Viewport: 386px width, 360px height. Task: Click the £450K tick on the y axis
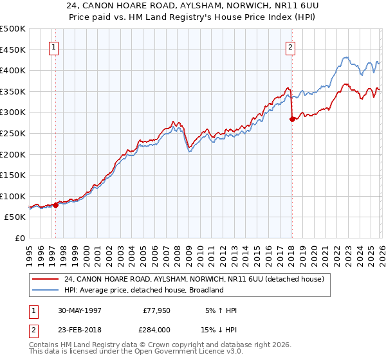pyautogui.click(x=13, y=50)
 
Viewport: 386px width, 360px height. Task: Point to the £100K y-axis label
pyautogui.click(x=13, y=196)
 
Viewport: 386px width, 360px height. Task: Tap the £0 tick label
pyautogui.click(x=21, y=239)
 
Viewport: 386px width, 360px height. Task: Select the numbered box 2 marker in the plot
pyautogui.click(x=291, y=47)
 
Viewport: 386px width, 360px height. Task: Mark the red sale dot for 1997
pyautogui.click(x=56, y=205)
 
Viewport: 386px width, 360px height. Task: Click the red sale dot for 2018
pyautogui.click(x=292, y=118)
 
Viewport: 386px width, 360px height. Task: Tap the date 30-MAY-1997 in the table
pyautogui.click(x=78, y=310)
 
